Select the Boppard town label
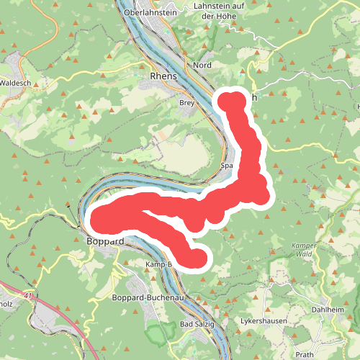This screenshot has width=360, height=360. click(x=105, y=240)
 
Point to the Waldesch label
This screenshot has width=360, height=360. click(x=15, y=83)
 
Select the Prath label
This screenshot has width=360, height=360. click(x=305, y=354)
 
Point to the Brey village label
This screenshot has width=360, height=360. click(x=186, y=103)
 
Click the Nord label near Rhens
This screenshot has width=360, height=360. click(x=202, y=65)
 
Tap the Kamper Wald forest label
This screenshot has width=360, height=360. click(x=304, y=250)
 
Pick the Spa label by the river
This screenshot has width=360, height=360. click(x=228, y=166)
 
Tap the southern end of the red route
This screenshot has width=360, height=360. click(x=196, y=257)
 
